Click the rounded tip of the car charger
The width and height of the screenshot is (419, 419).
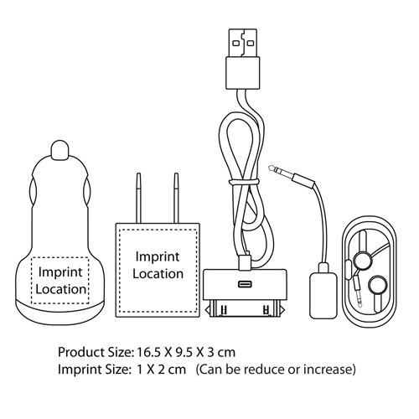coord(59,150)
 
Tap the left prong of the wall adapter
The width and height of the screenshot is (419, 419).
coord(138,198)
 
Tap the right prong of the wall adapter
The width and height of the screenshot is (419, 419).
coord(176,198)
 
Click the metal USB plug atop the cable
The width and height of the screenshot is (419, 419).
coord(243,43)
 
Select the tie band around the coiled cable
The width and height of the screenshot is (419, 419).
coord(243,182)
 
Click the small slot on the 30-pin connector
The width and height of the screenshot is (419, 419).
coord(245,284)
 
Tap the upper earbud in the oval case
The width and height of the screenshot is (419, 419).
coord(363,260)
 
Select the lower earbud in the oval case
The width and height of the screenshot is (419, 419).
coord(378,285)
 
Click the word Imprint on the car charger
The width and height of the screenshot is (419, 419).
coord(60,272)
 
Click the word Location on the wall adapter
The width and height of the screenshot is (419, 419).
coord(158,274)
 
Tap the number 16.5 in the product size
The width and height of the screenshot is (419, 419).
coord(148,352)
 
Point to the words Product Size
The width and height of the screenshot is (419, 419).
coord(95,352)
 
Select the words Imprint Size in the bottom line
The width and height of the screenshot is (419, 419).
coord(95,370)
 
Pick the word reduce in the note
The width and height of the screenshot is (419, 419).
coord(266,370)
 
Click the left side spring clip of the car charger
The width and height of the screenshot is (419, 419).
coord(33,192)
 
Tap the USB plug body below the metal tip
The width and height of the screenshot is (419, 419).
coord(243,73)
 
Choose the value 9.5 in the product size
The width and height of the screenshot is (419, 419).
coord(184,352)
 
